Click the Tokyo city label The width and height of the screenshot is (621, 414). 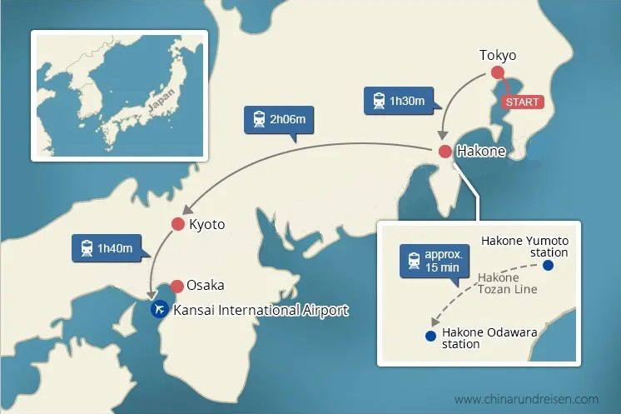coord(498,56)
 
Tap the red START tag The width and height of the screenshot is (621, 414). coord(522,102)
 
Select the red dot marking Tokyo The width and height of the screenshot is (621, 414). coord(498,72)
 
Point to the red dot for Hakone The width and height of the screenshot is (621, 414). coord(445,152)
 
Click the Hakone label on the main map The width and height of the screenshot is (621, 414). coord(482,152)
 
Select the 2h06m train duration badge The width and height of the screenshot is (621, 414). coord(279,120)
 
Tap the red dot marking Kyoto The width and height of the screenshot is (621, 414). coord(177,224)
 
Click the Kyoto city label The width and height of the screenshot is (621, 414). coord(207,225)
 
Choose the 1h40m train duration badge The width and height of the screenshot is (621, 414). coord(107,247)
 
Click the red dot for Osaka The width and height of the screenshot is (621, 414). coord(177,286)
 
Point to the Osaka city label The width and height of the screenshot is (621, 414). coord(206,285)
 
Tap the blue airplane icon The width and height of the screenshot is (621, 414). coord(159,310)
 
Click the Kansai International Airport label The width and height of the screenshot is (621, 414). coord(261,311)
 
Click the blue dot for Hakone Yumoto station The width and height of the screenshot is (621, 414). coord(548,266)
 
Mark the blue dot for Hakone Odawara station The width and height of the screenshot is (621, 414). coord(430,337)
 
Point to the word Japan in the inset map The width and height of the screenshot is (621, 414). coord(161,98)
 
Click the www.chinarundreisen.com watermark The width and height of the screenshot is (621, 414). coord(526,399)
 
